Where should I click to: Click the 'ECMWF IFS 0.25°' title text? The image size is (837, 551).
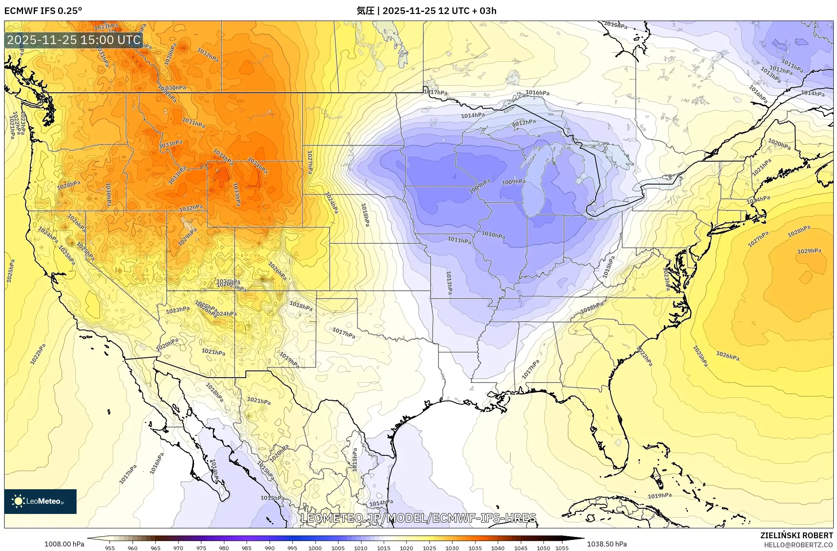pos(43,11)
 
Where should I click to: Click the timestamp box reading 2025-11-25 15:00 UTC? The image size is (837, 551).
pos(74,40)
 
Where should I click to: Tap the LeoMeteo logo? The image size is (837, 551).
pos(40,501)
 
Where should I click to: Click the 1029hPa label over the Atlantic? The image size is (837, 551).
pos(809,251)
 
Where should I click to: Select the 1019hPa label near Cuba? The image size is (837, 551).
pos(660,496)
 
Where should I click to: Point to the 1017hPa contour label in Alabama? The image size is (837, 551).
pos(530,369)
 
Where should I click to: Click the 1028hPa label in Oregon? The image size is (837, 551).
pos(68,185)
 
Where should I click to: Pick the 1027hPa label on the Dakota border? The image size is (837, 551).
pos(310,162)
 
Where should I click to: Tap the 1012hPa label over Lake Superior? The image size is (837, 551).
pos(524,123)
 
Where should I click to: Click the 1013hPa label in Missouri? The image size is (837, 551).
pos(449,283)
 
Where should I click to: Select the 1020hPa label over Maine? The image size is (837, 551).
pos(779,144)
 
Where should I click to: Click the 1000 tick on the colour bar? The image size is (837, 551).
pos(315,548)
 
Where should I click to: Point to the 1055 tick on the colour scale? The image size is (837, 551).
pos(562,548)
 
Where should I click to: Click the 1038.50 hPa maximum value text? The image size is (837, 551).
pos(607,544)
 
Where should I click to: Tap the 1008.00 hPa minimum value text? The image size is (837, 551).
pos(64,544)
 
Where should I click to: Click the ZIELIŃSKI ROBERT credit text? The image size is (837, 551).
pos(796,535)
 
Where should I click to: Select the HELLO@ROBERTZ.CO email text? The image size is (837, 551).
pos(798,545)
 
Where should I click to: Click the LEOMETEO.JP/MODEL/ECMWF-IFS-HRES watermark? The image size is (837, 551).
pos(418,518)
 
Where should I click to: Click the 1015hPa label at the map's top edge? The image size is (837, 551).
pos(616,25)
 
